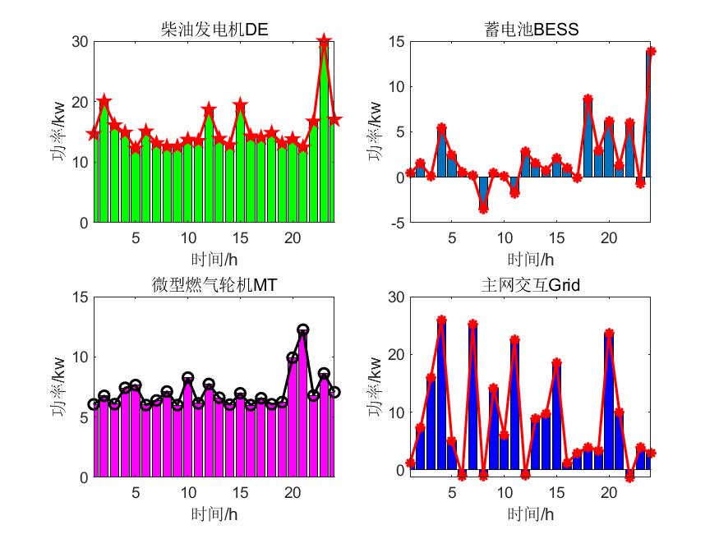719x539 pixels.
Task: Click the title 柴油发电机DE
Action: (215, 30)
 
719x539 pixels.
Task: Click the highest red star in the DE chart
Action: (324, 41)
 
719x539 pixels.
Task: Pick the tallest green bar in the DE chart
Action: (324, 131)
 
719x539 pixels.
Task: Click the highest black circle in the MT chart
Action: (302, 329)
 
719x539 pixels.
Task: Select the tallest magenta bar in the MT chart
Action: (302, 403)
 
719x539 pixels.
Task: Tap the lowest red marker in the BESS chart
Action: (483, 209)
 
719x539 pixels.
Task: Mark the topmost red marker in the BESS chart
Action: (650, 51)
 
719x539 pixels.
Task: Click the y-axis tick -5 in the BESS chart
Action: (394, 223)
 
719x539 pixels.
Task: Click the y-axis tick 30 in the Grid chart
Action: (394, 297)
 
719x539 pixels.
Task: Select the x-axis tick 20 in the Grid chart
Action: (609, 491)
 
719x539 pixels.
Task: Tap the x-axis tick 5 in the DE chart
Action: (136, 237)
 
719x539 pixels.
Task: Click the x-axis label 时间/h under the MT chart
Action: (215, 514)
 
